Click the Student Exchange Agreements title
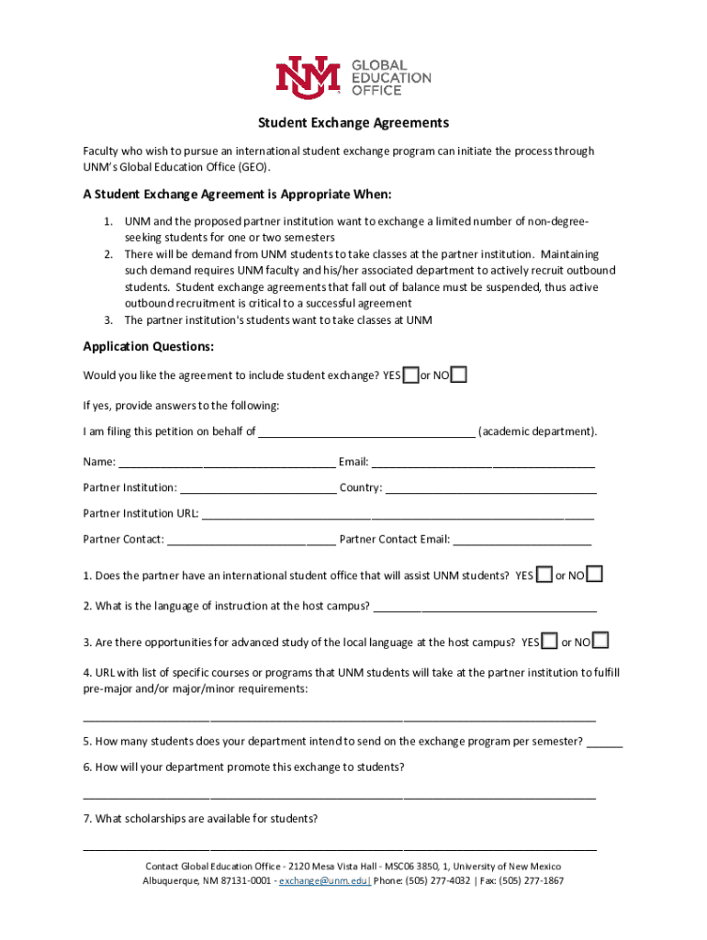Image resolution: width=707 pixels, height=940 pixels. pos(353,122)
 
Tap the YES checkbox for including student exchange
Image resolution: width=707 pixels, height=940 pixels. pos(411,375)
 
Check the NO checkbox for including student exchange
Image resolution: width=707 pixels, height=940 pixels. pos(459,375)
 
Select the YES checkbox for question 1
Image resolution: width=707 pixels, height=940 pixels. pos(544,575)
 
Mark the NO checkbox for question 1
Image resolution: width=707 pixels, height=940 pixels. pos(595,575)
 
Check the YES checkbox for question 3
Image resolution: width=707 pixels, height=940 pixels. pos(550,641)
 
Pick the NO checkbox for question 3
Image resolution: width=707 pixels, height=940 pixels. pos(601,641)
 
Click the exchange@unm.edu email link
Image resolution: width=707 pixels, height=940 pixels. pos(324,881)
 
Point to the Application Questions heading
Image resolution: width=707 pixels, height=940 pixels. pos(149,346)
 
